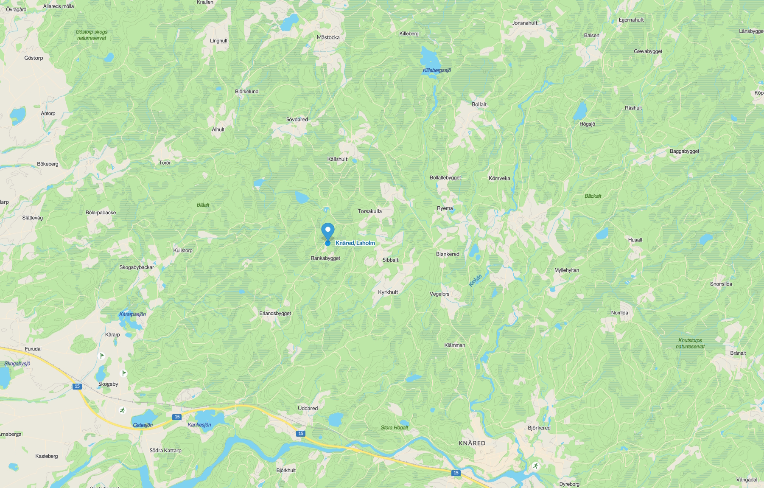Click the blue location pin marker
point(327,231)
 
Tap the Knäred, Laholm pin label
point(355,243)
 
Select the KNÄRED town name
point(472,443)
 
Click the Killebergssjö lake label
point(437,70)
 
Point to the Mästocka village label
point(328,37)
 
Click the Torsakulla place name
point(369,211)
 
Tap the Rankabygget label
point(325,258)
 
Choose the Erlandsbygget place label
point(275,314)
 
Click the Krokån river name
point(476,280)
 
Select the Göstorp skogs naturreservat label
point(92,35)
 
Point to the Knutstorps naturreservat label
point(690,343)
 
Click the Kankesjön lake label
point(199,425)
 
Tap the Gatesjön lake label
point(143,425)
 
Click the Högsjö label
point(587,124)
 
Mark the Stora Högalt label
point(394,428)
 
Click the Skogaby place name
point(108,384)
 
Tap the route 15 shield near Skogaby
point(77,386)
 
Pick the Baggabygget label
point(684,151)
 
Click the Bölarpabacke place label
point(101,213)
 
